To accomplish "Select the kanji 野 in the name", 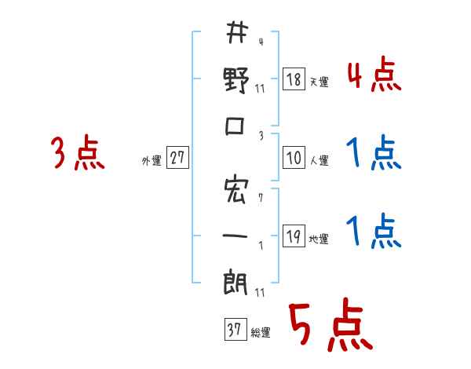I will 235,81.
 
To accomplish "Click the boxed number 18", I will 294,79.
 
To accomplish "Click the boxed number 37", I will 233,330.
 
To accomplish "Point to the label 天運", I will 319,82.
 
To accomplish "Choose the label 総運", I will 260,332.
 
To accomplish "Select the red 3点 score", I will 78,153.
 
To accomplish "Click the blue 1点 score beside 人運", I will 374,153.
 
